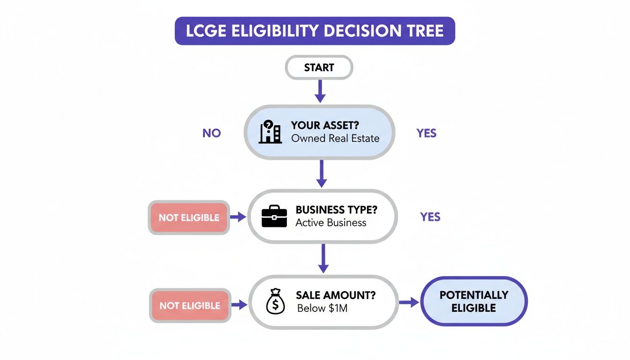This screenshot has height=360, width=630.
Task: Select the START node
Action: pos(319,67)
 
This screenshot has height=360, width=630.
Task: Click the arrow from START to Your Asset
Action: pos(320,91)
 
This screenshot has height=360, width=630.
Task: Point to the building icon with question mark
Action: pos(270,132)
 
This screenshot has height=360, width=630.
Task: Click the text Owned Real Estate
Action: pos(335,139)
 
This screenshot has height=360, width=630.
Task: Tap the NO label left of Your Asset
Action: pos(211,133)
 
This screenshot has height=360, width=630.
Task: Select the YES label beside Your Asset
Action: pos(426,133)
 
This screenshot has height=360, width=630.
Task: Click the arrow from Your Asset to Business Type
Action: pos(321,173)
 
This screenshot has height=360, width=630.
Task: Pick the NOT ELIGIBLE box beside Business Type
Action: pos(189,217)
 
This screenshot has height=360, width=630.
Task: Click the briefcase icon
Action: pos(274,217)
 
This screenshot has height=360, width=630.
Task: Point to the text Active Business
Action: pos(331,223)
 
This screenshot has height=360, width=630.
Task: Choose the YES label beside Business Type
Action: pos(430,217)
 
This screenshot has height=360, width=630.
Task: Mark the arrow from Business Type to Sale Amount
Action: pos(322,258)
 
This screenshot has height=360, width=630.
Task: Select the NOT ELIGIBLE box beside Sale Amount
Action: pos(190,306)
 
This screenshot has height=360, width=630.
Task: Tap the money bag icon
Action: pos(275,302)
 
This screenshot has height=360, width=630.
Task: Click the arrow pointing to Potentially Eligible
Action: pos(408,302)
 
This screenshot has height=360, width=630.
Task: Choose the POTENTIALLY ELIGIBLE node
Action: pos(474,301)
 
